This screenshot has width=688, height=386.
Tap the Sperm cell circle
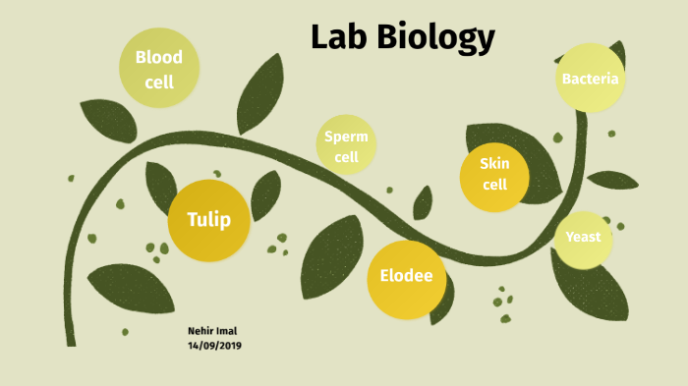click(346, 145)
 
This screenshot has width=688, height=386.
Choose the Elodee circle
click(406, 278)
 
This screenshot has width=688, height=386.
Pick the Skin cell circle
click(494, 177)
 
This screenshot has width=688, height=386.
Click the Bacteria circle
click(590, 78)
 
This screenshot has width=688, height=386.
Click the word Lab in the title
click(337, 37)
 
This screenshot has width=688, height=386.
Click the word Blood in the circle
click(159, 57)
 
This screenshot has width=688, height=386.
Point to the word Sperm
click(346, 137)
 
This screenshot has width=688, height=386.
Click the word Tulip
click(208, 219)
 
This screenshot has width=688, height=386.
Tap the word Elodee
click(406, 276)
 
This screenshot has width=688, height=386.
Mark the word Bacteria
click(590, 78)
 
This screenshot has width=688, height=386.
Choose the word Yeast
click(583, 237)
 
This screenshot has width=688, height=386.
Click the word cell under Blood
click(159, 83)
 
